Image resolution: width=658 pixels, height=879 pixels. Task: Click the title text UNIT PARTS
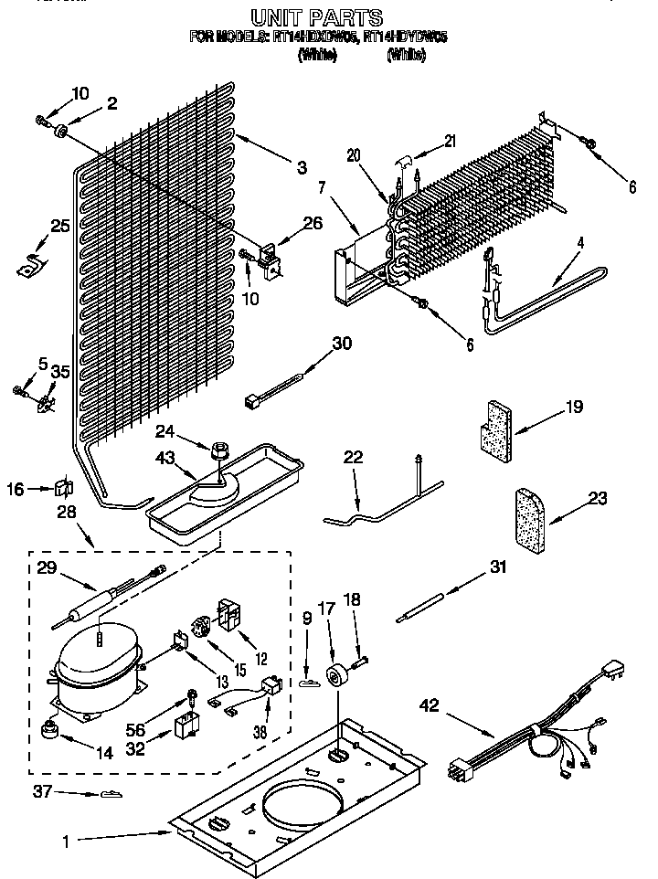316,16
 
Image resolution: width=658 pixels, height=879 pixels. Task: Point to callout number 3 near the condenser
301,167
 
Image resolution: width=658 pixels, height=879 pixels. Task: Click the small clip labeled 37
109,796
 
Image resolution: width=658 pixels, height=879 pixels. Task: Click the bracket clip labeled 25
33,265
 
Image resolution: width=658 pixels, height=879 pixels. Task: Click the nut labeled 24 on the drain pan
218,450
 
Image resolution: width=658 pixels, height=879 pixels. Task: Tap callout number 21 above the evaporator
449,140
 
